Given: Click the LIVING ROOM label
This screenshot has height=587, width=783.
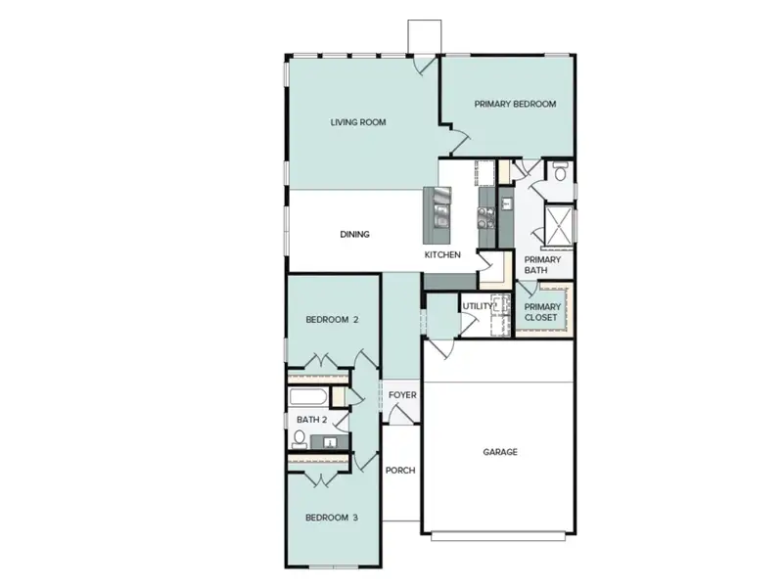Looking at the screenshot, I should click(x=358, y=122).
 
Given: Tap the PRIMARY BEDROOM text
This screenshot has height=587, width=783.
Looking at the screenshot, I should click(x=515, y=104).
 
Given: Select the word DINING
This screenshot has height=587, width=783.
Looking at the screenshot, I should click(x=354, y=234).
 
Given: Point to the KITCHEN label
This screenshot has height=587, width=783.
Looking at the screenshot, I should click(x=441, y=254).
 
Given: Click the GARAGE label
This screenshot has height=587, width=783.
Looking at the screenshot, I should click(x=500, y=452).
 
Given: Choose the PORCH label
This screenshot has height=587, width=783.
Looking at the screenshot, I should click(x=400, y=471).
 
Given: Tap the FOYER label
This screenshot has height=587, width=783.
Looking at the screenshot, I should click(x=402, y=395).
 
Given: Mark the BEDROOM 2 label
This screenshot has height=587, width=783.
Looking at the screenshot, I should click(x=332, y=320).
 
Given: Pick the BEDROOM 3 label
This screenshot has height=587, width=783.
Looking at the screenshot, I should click(x=332, y=518).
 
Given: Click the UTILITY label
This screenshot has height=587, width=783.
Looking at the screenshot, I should click(x=479, y=306).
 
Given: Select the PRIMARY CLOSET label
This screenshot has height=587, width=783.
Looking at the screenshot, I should click(x=541, y=312).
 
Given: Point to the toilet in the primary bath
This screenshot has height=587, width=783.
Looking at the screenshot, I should click(x=560, y=173).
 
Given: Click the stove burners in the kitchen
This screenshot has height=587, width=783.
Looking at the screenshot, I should click(x=485, y=210).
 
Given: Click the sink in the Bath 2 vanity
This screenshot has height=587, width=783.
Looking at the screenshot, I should click(x=331, y=442).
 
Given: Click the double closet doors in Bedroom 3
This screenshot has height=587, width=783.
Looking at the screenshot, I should click(x=323, y=478).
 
